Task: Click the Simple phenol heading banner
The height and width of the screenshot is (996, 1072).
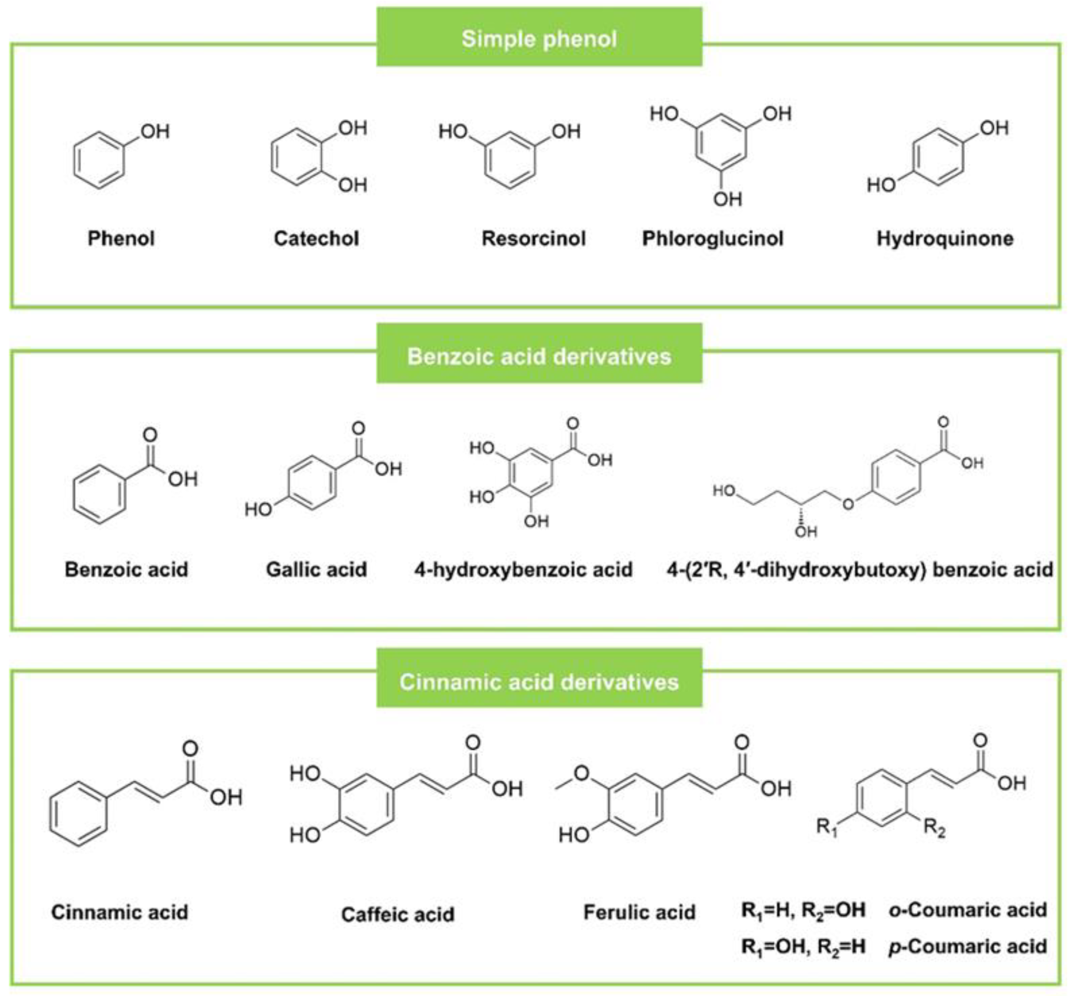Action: tap(539, 38)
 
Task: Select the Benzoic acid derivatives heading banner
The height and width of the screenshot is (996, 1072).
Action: tap(539, 356)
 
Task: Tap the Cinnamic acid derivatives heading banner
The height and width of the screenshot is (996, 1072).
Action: tap(539, 682)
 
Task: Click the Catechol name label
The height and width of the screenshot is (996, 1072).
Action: tap(317, 238)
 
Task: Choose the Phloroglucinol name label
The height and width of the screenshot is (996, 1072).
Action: tap(713, 238)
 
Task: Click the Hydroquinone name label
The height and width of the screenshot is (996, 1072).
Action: tap(945, 238)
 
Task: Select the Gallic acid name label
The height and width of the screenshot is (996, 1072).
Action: tap(317, 569)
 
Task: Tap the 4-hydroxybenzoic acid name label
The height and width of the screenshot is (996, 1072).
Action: tap(523, 569)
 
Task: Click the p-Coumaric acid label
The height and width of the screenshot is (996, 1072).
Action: tap(967, 946)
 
